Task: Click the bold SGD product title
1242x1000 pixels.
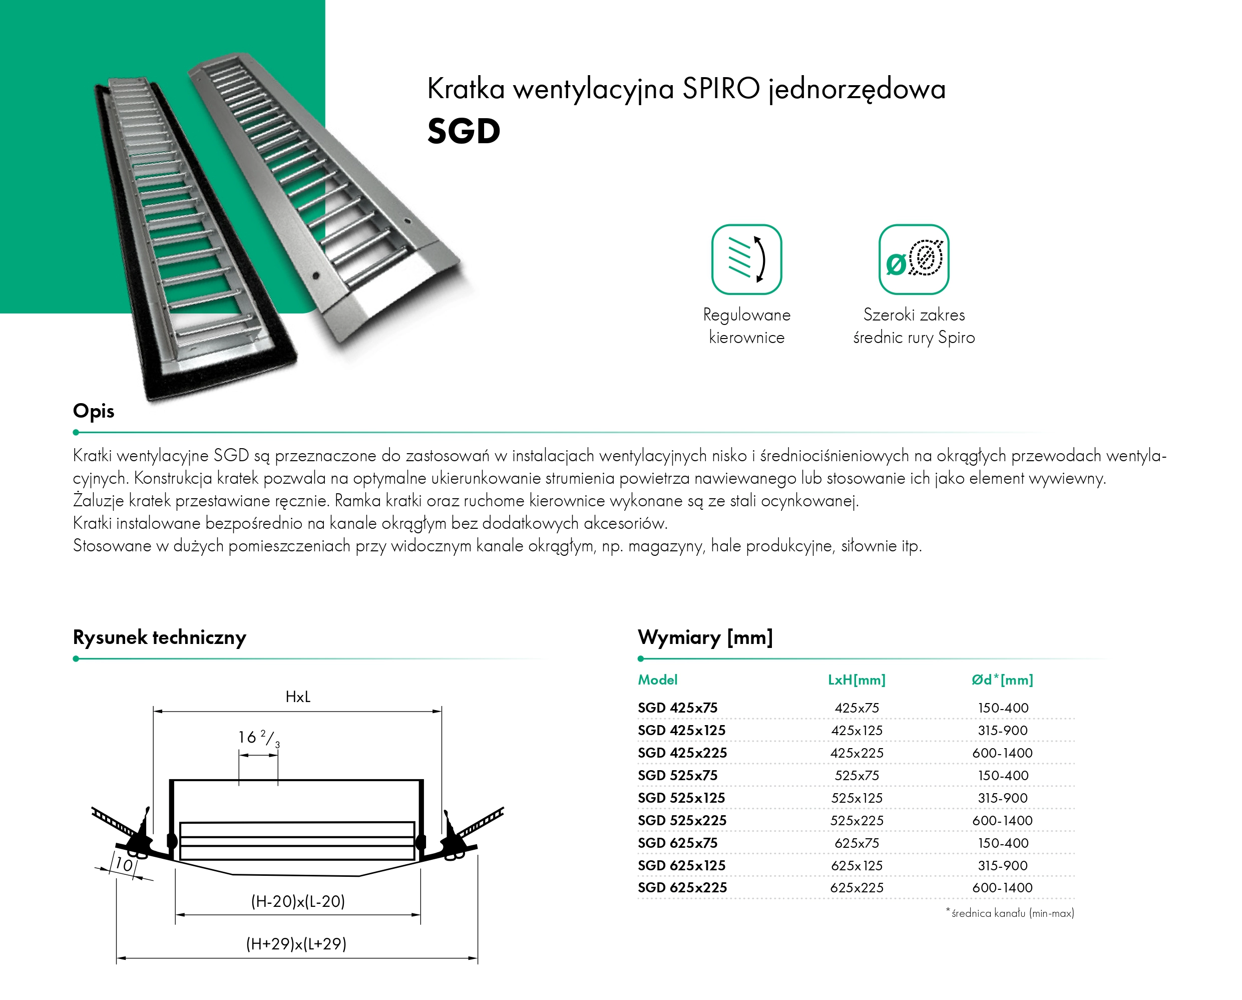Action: pos(463,131)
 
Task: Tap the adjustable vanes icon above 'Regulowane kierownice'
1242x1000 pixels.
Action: pos(746,259)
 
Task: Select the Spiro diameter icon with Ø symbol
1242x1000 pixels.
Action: pos(913,259)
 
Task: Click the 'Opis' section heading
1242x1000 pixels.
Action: pos(93,411)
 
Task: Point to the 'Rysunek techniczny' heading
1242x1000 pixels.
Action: pos(160,637)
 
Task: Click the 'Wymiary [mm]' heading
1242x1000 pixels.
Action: pos(705,637)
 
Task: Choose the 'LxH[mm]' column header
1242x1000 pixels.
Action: pos(856,680)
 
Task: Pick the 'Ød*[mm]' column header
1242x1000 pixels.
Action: pos(1002,680)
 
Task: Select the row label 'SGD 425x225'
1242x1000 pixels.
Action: pos(682,753)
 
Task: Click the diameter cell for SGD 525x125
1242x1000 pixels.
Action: pos(1002,798)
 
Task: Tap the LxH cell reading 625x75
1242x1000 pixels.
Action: pos(857,843)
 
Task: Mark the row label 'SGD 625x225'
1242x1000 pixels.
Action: pos(682,888)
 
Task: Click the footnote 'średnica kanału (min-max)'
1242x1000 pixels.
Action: pos(1012,913)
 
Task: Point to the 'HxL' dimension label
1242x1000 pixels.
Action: pos(298,697)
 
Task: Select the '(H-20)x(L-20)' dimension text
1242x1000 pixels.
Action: pos(298,901)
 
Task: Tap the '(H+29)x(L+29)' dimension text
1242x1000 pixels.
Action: pos(296,944)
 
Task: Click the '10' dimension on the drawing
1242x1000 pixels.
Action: pos(124,864)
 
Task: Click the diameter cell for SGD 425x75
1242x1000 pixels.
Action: pos(1002,708)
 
